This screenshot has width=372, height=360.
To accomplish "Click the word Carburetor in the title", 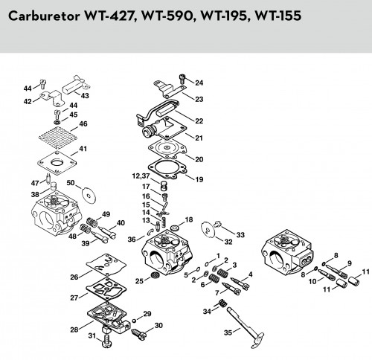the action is pyautogui.click(x=44, y=16).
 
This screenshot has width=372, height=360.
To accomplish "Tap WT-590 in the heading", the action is pyautogui.click(x=167, y=16).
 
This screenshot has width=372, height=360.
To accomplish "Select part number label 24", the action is pyautogui.click(x=199, y=83).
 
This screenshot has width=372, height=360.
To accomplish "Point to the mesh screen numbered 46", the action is pyautogui.click(x=57, y=138).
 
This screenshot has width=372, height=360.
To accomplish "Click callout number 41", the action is pyautogui.click(x=83, y=149).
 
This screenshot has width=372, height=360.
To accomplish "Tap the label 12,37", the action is pyautogui.click(x=141, y=176).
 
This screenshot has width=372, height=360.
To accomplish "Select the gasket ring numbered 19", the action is pyautogui.click(x=167, y=169).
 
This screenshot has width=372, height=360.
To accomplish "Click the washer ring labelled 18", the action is pyautogui.click(x=174, y=227).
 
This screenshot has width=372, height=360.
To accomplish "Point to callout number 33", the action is pyautogui.click(x=240, y=234).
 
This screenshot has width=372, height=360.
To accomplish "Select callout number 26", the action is pyautogui.click(x=74, y=277).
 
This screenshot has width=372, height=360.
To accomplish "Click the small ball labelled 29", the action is pyautogui.click(x=134, y=321).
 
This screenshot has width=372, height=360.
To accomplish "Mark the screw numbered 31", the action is pyautogui.click(x=107, y=341).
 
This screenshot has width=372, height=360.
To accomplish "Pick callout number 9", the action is pyautogui.click(x=350, y=263).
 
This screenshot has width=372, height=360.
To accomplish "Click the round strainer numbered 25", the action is pyautogui.click(x=155, y=275).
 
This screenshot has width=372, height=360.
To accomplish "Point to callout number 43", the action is pyautogui.click(x=85, y=95).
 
